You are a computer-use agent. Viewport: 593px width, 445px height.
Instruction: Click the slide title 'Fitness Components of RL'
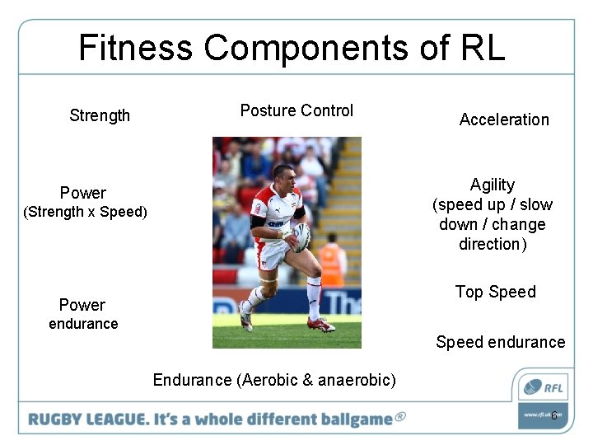[x=292, y=48]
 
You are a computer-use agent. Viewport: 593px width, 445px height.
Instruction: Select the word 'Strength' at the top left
[x=100, y=115]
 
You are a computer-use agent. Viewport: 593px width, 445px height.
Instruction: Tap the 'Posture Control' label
[x=296, y=110]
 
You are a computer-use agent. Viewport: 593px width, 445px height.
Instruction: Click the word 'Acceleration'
[x=504, y=119]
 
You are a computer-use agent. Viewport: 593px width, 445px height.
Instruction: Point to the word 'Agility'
[x=493, y=185]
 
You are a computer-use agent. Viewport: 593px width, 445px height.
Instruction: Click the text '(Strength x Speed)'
[x=85, y=213]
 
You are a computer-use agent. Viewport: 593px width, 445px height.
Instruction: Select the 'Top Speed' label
[x=495, y=292]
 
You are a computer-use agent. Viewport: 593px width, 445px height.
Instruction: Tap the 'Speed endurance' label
[x=500, y=342]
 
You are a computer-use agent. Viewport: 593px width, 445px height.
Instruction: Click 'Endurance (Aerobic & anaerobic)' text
[x=274, y=380]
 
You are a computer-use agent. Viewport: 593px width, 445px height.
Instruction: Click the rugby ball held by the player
[x=301, y=237]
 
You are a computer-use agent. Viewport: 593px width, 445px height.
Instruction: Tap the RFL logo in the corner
[x=542, y=386]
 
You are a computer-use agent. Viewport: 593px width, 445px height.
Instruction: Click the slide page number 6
[x=554, y=416]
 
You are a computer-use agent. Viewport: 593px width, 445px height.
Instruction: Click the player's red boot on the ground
[x=320, y=324]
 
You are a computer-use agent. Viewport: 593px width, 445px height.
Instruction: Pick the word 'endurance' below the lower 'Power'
[x=83, y=324]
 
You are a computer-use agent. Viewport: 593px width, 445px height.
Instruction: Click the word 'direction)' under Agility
[x=493, y=244]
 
